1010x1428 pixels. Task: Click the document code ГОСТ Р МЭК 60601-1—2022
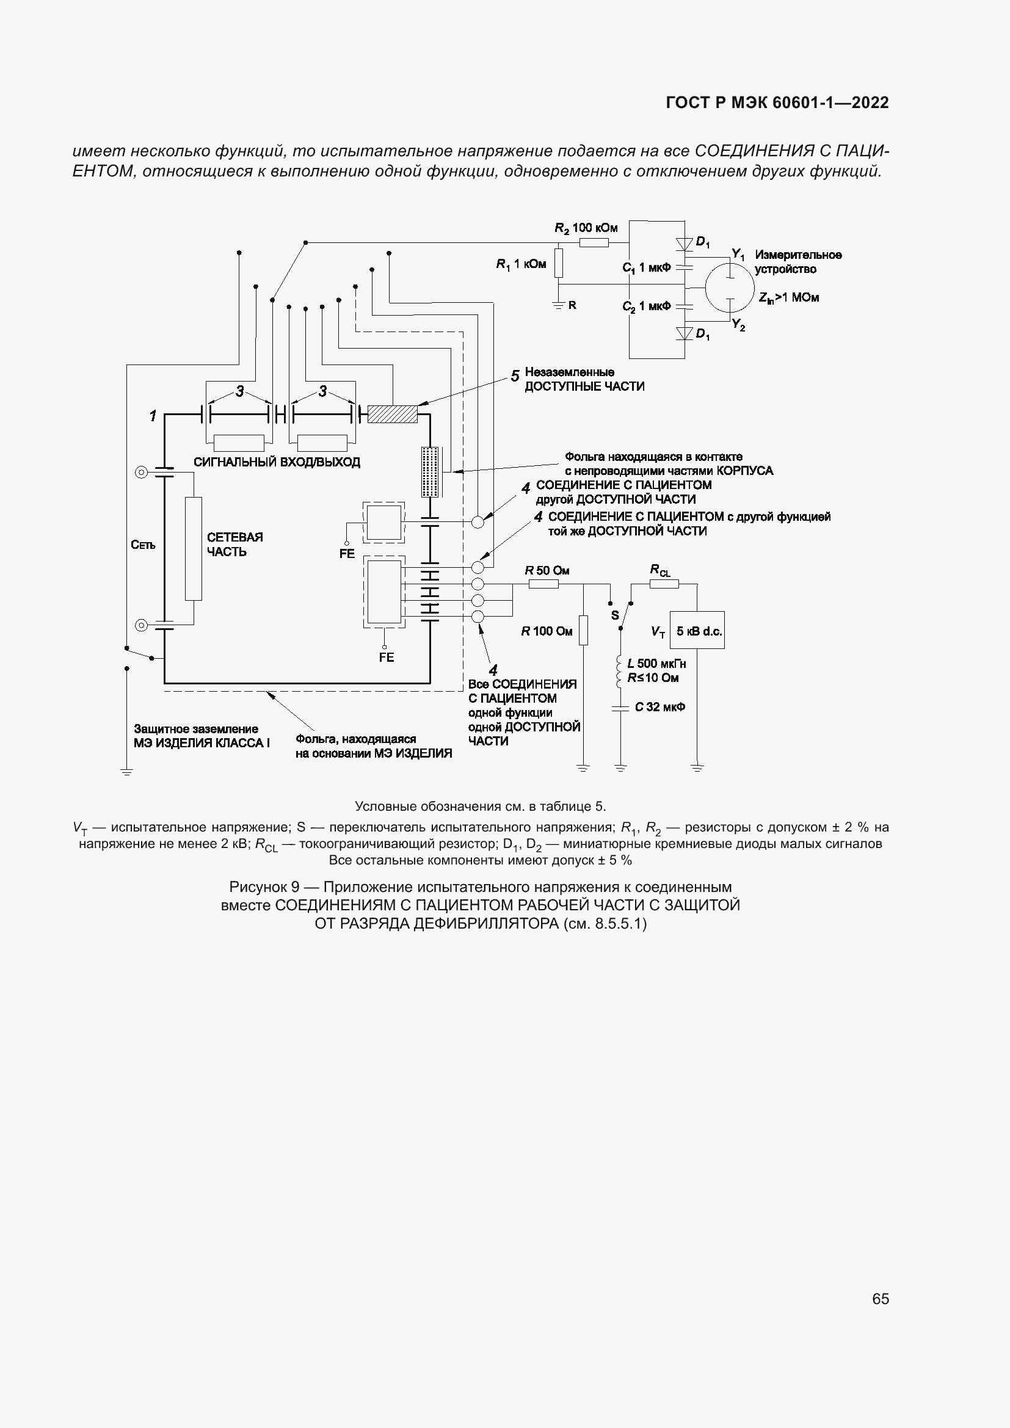click(x=777, y=103)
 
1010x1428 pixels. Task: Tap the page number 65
click(x=880, y=1299)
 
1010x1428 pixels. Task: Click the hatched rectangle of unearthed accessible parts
click(x=392, y=413)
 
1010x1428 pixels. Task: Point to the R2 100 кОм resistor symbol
click(x=594, y=242)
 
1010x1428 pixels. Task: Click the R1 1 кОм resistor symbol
click(x=559, y=263)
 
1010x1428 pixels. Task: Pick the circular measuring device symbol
click(x=729, y=288)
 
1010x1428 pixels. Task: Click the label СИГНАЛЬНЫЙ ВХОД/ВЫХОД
click(x=277, y=462)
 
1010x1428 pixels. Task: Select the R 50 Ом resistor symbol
click(x=543, y=584)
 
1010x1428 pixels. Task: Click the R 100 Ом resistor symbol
click(x=583, y=630)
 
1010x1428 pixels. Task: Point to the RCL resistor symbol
click(x=664, y=584)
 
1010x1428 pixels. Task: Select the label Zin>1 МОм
click(x=788, y=298)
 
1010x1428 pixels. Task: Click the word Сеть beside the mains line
click(x=143, y=545)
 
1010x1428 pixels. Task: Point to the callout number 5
click(x=515, y=376)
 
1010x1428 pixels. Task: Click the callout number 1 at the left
click(x=153, y=416)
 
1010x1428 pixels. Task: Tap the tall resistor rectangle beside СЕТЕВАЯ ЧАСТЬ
click(x=194, y=549)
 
